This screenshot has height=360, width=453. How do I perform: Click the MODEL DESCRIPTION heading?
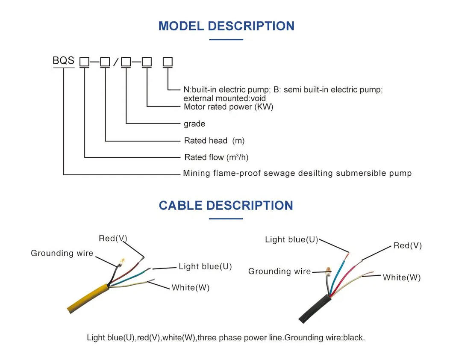pos(226,26)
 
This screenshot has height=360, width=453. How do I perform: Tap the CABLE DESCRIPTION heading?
pos(226,205)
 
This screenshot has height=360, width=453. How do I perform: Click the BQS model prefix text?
pos(63,60)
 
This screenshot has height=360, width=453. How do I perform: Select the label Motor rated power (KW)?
pos(228,107)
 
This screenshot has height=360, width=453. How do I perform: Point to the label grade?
pos(194,124)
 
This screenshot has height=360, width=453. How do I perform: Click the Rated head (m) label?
pos(214,141)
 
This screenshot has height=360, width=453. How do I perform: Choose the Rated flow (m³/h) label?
pos(216,157)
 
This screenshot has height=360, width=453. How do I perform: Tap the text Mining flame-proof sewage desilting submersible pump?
pos(297,173)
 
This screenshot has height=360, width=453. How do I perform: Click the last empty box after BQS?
pos(168,62)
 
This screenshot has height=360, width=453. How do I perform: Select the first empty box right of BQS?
pos(84,62)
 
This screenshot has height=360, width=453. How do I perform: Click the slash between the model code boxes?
pos(115,63)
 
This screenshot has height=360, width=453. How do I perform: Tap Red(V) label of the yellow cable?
pos(113,238)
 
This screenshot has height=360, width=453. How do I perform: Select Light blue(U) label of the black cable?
pos(291,239)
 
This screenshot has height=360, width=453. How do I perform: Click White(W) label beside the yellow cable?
pos(191,288)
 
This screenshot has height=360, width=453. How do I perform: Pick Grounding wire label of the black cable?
pos(279,271)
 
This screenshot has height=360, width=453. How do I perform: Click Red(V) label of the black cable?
pos(407,245)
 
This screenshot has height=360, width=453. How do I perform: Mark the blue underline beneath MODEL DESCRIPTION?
pos(226,40)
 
